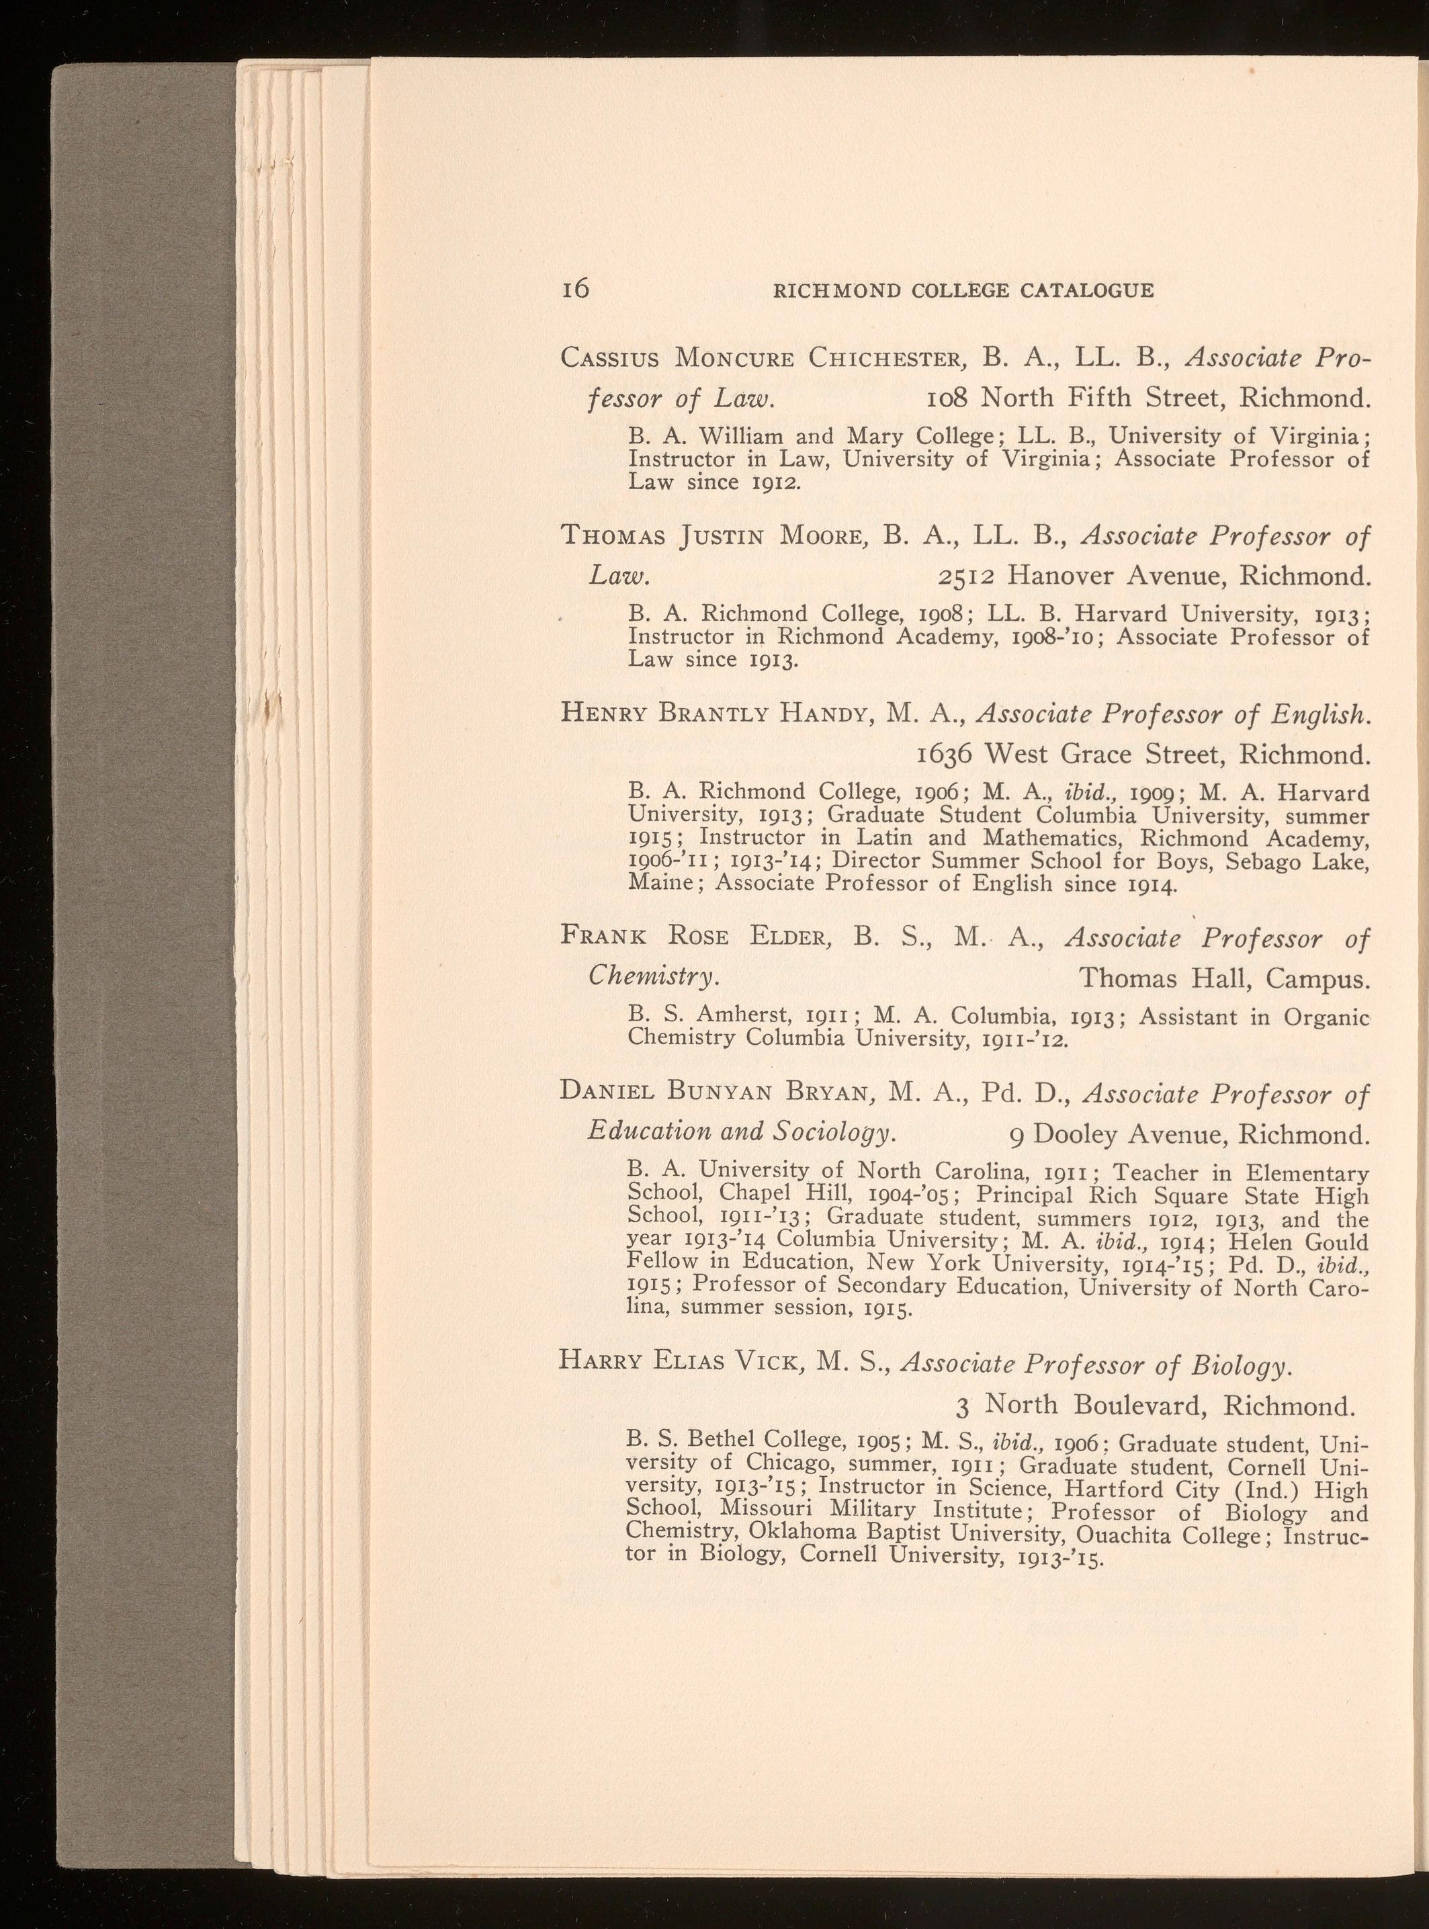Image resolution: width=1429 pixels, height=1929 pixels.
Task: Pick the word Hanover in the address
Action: coord(1069,575)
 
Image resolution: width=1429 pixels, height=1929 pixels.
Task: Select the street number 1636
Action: coord(945,755)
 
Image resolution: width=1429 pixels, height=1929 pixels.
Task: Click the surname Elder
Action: coord(789,938)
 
